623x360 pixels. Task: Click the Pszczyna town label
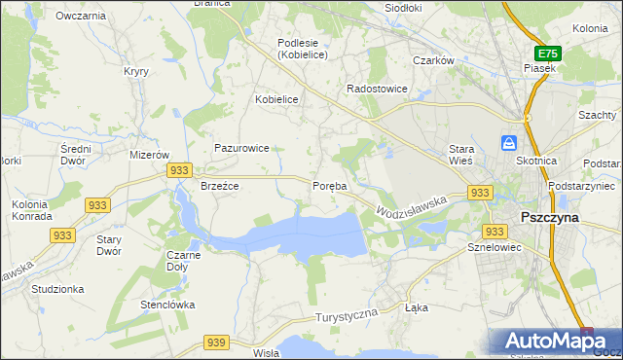pos(550,218)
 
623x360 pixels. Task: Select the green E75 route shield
pos(548,54)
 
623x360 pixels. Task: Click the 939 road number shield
pos(217,342)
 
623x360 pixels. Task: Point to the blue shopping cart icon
pos(509,143)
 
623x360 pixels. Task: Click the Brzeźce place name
pos(220,186)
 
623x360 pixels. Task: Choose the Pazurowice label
pos(241,149)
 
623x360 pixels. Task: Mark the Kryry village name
pos(135,71)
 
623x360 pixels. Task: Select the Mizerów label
pos(150,155)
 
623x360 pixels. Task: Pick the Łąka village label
pos(416,306)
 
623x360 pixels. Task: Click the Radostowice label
pos(378,89)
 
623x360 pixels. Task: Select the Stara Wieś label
pos(460,155)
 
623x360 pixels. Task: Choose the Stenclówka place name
pos(167,305)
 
